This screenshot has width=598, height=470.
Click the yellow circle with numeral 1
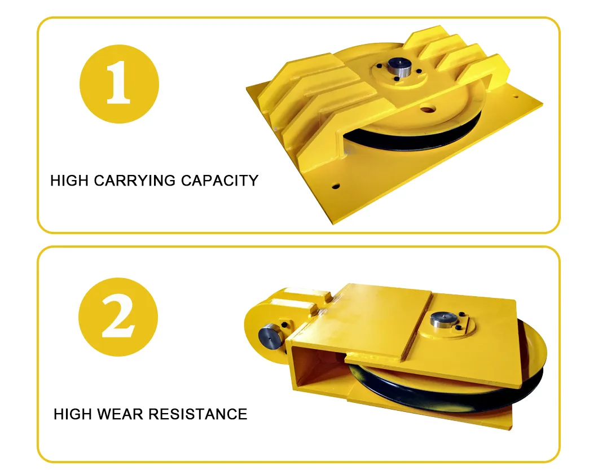tap(119, 84)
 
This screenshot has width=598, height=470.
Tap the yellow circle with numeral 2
tap(118, 317)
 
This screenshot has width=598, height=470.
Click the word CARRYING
tap(135, 181)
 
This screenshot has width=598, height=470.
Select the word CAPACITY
tap(219, 181)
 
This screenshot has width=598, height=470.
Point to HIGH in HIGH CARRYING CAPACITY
tap(70, 181)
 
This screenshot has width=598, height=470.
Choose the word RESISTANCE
tap(198, 414)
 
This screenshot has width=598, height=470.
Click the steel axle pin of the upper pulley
tap(399, 67)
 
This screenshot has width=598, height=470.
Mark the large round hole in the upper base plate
tap(427, 110)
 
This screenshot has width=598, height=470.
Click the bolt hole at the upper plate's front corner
tap(336, 187)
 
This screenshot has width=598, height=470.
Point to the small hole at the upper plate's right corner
tap(516, 97)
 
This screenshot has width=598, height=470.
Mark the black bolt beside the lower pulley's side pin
tap(284, 325)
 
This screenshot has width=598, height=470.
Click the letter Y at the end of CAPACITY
tap(253, 181)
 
